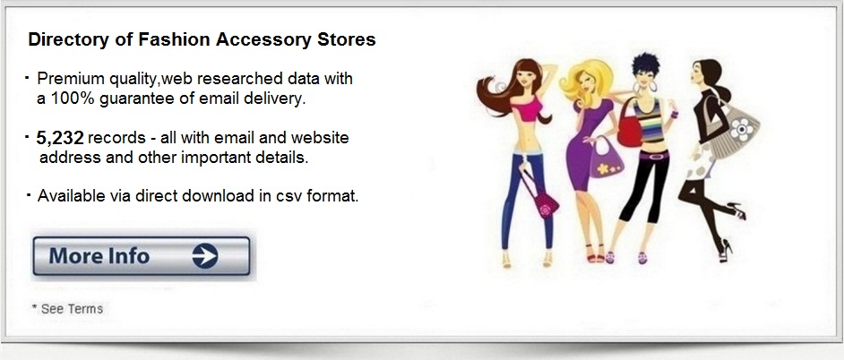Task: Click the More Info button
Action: tap(142, 256)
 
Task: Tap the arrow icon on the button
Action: tap(205, 255)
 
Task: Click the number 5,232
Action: tap(60, 138)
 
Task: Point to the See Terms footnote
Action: tap(67, 309)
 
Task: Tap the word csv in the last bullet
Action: tap(289, 196)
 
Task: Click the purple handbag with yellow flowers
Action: tap(606, 159)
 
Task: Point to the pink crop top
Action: tap(527, 109)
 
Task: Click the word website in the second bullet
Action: tap(320, 138)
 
